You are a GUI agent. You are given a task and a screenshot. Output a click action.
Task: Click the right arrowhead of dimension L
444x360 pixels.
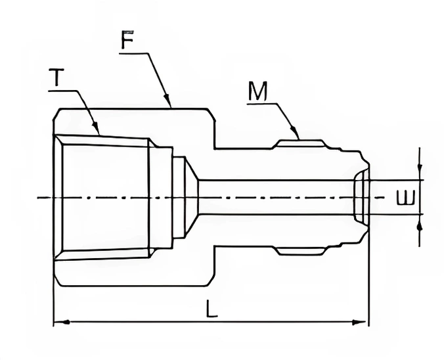pos(363,322)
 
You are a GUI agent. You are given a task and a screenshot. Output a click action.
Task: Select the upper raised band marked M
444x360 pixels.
pos(300,143)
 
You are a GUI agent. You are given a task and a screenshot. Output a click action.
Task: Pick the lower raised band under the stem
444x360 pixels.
pos(300,251)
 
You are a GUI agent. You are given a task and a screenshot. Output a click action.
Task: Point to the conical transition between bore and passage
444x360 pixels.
pos(191,197)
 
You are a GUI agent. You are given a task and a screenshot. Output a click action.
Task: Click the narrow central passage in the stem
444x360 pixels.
pos(276,197)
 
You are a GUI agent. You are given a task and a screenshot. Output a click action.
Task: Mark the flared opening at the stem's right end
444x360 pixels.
pos(361,197)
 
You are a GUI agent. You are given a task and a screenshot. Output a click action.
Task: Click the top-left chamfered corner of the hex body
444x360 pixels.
pos(57,114)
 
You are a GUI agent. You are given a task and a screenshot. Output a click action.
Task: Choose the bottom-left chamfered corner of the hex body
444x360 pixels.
pos(57,281)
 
